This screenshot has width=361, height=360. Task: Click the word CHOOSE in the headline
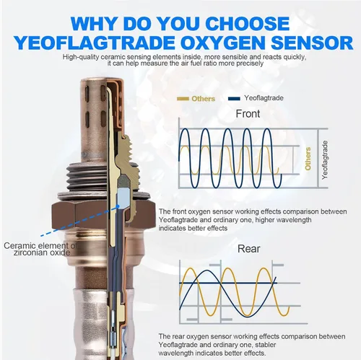pos(248,24)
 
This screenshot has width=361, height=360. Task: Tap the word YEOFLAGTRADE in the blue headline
pos(95,43)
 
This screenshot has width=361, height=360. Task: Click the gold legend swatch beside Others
pos(183,99)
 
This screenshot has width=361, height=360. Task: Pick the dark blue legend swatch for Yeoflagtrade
pos(234,98)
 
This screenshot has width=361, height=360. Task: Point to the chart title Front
pos(248,114)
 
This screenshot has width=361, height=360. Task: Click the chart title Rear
pos(249,249)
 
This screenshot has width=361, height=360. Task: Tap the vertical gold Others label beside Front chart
pos(308,159)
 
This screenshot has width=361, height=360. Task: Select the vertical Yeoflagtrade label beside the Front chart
pos(325,160)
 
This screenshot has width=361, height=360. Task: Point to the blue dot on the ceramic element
pos(118,206)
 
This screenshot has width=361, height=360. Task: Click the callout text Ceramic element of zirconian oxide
pos(40,249)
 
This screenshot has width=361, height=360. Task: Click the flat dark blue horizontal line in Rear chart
pos(228,283)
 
